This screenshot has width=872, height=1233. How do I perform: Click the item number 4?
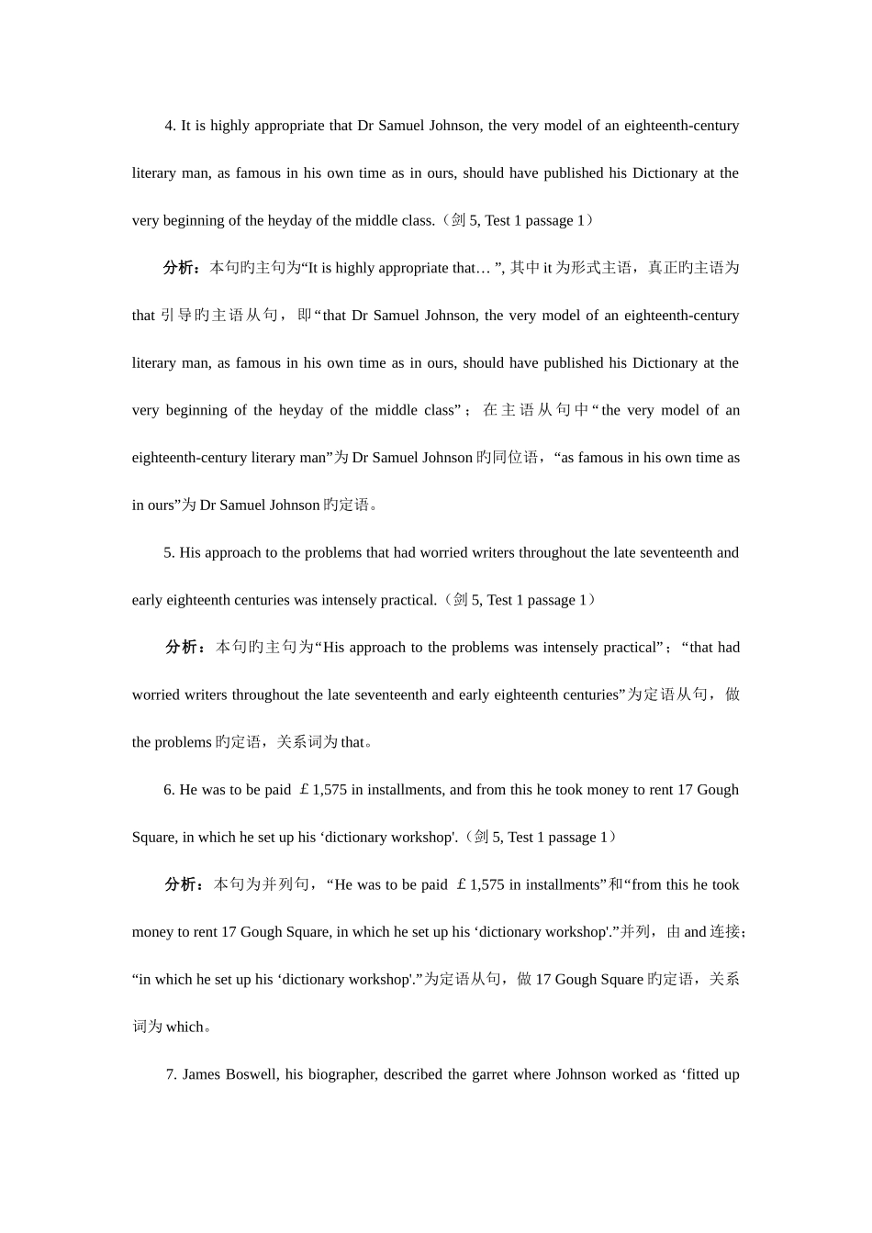coord(170,126)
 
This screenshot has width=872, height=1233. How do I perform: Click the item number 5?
coord(169,552)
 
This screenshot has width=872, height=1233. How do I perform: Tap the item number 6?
coord(169,790)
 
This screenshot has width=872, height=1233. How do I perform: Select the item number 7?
coord(171,1074)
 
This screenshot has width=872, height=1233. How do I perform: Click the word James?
coord(202,1074)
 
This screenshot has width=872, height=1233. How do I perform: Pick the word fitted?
coord(700,1074)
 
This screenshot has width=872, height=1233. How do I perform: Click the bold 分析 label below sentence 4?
coord(178,268)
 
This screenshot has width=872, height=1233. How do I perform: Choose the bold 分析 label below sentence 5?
coord(180,648)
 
